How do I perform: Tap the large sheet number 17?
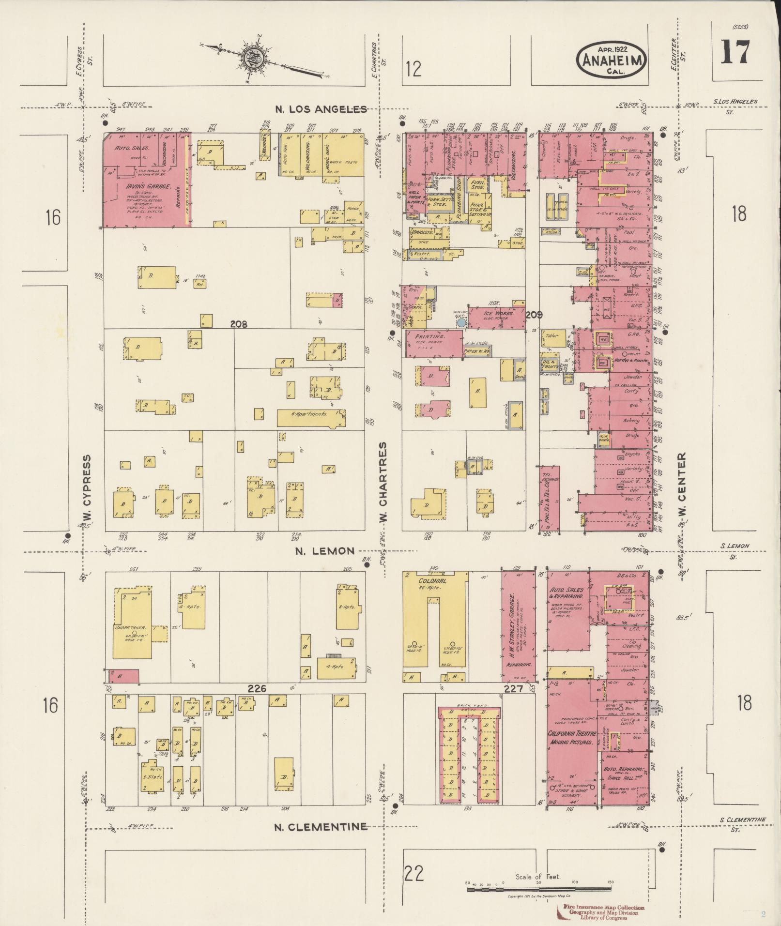(x=735, y=52)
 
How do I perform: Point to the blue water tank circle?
(x=461, y=322)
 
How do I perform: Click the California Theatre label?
(x=571, y=734)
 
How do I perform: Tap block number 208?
(x=239, y=324)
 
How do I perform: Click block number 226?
(x=257, y=688)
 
